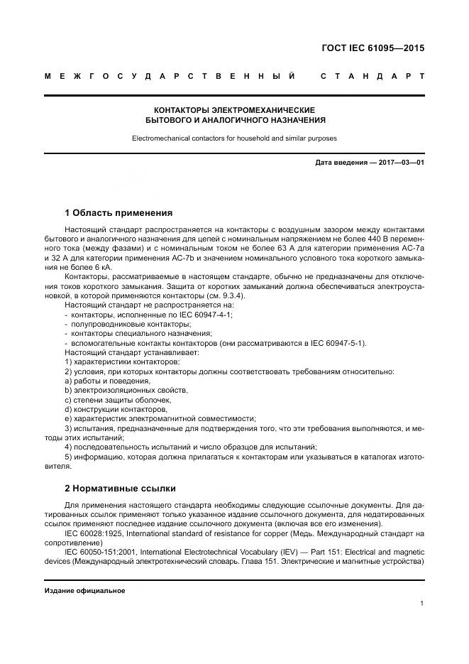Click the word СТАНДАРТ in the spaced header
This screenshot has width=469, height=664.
point(373,76)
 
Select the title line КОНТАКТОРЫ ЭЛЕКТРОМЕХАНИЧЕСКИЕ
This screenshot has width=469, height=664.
point(234,110)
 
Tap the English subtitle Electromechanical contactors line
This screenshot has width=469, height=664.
point(234,138)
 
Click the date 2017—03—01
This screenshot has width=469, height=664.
point(397,163)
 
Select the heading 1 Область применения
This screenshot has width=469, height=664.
point(118,212)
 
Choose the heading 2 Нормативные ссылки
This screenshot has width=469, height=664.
point(120,489)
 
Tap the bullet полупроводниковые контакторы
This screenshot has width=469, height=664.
point(121,323)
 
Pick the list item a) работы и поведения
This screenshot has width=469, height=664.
point(107,381)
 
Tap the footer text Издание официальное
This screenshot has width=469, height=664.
point(84,591)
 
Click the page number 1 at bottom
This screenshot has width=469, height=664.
point(421,604)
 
